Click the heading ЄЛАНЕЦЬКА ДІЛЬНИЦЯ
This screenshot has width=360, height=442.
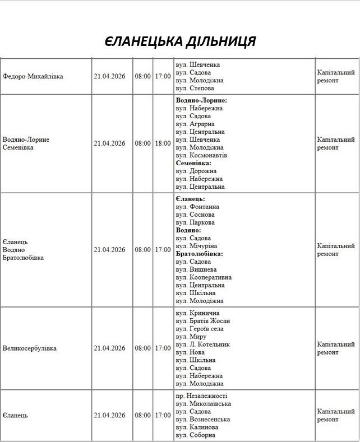180,41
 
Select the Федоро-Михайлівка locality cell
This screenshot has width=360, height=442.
33,76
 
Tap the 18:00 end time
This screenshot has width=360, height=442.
163,143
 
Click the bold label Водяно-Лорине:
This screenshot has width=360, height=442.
201,100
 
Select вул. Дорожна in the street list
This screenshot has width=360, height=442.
196,171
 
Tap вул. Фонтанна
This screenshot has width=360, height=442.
197,207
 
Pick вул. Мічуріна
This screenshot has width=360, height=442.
196,246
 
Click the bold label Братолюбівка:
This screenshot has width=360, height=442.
199,254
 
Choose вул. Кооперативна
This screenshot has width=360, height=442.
204,277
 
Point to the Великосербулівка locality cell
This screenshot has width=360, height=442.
30,348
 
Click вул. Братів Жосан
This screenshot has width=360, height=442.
202,321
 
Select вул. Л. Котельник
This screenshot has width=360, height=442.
202,345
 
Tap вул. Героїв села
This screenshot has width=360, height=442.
200,329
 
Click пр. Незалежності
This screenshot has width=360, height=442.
201,396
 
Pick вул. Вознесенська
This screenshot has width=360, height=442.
202,420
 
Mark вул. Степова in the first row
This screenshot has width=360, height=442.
195,88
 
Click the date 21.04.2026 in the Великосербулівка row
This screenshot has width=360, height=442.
109,348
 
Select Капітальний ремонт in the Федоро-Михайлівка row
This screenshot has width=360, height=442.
336,77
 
